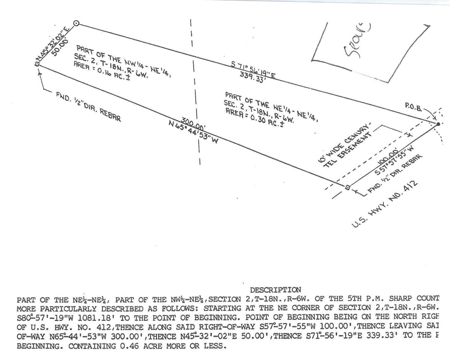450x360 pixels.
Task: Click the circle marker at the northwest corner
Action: tap(76, 23)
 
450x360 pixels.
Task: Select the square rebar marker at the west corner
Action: tap(37, 64)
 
